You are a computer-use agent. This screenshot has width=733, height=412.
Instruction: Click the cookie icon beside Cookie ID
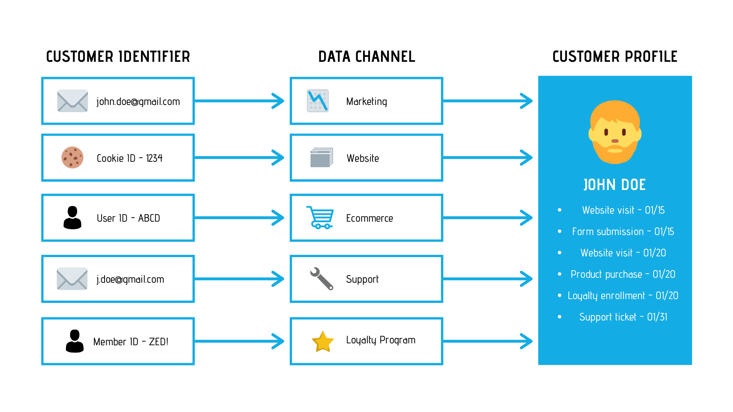point(72,158)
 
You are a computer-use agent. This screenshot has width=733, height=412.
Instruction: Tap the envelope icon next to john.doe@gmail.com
point(72,101)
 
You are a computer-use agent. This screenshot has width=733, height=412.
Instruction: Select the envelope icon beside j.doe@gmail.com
point(72,279)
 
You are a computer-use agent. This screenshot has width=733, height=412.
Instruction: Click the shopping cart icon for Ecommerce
point(320,217)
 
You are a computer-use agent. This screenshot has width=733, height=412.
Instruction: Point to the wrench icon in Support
point(321,278)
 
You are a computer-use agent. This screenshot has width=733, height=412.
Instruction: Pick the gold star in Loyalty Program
point(323,341)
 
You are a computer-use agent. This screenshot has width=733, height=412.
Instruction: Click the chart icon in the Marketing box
point(318,101)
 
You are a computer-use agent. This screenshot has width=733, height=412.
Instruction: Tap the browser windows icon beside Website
point(321,158)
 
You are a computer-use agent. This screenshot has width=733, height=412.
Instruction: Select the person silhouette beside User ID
point(72,218)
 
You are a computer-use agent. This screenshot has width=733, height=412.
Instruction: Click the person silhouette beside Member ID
point(74,341)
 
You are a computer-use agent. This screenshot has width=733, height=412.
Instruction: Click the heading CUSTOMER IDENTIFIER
point(118,57)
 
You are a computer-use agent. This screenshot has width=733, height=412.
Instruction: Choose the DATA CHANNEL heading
point(366,57)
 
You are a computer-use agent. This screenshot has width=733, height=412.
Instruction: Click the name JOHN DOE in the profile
point(615,185)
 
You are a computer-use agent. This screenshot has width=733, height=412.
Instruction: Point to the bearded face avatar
point(615,132)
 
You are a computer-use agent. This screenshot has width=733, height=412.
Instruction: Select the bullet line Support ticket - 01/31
point(623,317)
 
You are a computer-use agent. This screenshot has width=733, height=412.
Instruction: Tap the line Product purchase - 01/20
point(623,274)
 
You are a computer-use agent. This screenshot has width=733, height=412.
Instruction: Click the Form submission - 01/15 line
point(623,232)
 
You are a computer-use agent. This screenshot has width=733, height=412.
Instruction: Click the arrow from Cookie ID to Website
point(239,158)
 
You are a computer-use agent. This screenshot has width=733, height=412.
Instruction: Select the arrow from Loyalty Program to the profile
point(488,341)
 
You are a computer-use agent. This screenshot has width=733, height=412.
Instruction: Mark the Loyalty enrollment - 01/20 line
point(623,296)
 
